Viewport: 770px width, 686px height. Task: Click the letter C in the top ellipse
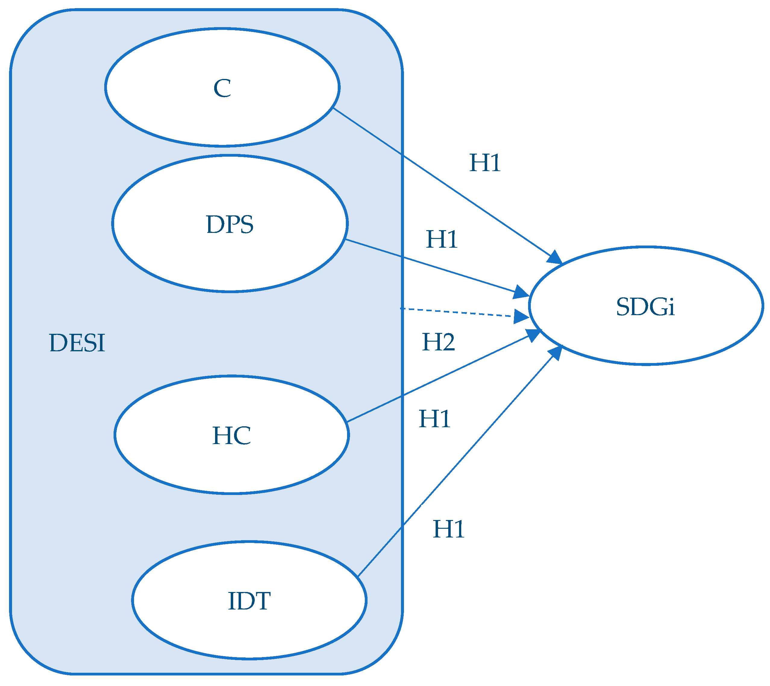pyautogui.click(x=222, y=88)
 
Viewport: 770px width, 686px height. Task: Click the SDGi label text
pyautogui.click(x=645, y=306)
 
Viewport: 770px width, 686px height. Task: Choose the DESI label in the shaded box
pyautogui.click(x=77, y=343)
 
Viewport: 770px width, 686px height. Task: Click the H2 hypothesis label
pyautogui.click(x=438, y=342)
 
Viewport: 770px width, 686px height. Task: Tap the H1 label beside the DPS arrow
pyautogui.click(x=442, y=239)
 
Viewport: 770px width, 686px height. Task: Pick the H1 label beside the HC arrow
pyautogui.click(x=435, y=418)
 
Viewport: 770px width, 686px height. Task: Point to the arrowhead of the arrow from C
pyautogui.click(x=555, y=258)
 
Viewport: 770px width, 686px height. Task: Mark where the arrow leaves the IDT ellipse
pyautogui.click(x=358, y=575)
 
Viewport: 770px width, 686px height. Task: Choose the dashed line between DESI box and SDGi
pyautogui.click(x=456, y=312)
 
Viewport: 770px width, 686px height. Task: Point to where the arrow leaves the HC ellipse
pyautogui.click(x=347, y=421)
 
